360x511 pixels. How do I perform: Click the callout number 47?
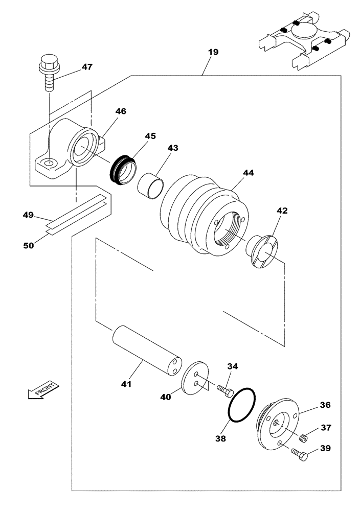(87, 67)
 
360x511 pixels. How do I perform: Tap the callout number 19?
(213, 52)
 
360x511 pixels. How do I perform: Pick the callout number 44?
(248, 173)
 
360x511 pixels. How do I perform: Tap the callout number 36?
(325, 405)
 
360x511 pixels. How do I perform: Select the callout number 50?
(29, 245)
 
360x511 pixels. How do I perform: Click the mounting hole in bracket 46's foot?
(49, 164)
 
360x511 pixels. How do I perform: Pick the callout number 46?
(121, 111)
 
